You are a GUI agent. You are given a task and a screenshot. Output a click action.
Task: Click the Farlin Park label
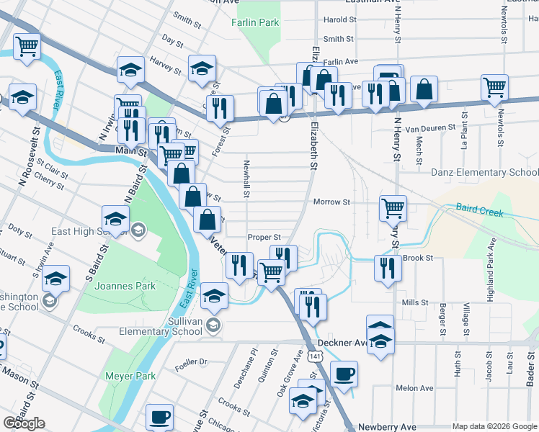[x=255, y=23]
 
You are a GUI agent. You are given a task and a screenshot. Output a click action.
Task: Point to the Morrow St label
[x=331, y=202]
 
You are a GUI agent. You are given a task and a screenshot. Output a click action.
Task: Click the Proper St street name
[x=263, y=237]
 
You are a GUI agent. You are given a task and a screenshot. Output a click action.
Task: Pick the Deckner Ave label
[x=339, y=343]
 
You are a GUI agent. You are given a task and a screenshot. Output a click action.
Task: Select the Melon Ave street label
[x=414, y=388]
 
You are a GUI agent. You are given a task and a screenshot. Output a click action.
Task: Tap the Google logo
[x=24, y=423]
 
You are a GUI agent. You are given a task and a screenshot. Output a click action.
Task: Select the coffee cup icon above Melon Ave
[x=344, y=374]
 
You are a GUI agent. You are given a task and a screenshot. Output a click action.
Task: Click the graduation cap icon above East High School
[x=116, y=217]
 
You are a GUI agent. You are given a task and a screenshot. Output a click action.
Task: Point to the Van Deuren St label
[x=431, y=128]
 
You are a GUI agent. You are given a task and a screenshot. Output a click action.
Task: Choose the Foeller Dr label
[x=192, y=362]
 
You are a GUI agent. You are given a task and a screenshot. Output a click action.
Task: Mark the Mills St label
[x=416, y=303]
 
